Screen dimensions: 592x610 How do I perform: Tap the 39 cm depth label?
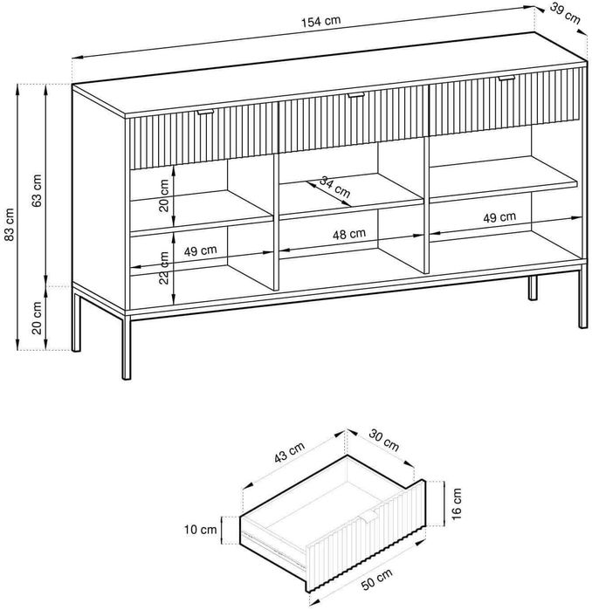(565, 14)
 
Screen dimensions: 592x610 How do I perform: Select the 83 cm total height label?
(10, 224)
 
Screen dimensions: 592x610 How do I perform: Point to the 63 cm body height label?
(38, 190)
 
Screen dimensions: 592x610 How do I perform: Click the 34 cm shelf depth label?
(334, 187)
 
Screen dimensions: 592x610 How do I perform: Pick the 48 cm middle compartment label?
(349, 234)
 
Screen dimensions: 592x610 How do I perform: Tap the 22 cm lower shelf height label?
(165, 268)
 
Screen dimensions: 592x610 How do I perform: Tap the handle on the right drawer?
(506, 79)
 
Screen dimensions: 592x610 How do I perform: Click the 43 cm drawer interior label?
(289, 453)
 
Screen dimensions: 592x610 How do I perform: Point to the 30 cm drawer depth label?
(384, 440)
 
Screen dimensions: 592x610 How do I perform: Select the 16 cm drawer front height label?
(457, 504)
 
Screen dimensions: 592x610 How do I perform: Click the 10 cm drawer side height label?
(201, 529)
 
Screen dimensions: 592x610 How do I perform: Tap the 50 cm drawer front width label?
(377, 579)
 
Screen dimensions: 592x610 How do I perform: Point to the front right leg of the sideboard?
(582, 297)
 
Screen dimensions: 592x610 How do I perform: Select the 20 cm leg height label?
(37, 318)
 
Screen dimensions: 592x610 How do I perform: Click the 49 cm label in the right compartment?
(499, 217)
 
